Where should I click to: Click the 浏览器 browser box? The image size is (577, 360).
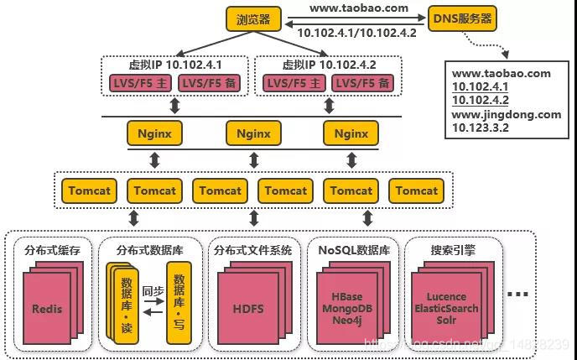coord(252,18)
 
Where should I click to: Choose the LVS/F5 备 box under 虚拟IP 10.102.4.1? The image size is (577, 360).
coord(209,83)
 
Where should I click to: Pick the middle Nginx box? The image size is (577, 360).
coord(253,133)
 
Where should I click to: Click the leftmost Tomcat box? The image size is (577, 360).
coord(89,190)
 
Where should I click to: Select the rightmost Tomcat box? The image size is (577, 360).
coord(417,190)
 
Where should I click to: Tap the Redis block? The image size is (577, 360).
coord(47,308)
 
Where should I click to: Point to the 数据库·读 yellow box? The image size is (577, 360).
coord(127,304)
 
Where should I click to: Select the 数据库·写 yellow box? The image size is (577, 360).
coord(178,304)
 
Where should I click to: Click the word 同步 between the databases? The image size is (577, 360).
coord(152,290)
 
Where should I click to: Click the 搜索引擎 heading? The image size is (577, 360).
coord(452,249)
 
